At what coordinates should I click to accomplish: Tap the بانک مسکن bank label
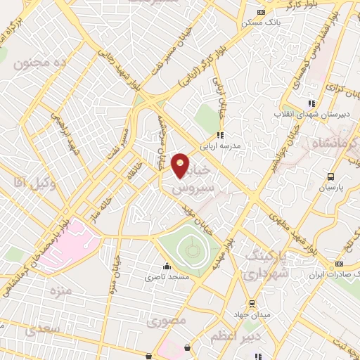click(x=257, y=22)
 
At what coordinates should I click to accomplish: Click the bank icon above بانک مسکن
click(x=262, y=12)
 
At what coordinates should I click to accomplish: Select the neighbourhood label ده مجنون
click(x=34, y=63)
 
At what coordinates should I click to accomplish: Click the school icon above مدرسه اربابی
click(x=220, y=136)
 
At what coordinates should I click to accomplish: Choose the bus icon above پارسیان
click(x=330, y=176)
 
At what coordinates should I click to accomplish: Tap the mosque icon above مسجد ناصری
click(x=167, y=266)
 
